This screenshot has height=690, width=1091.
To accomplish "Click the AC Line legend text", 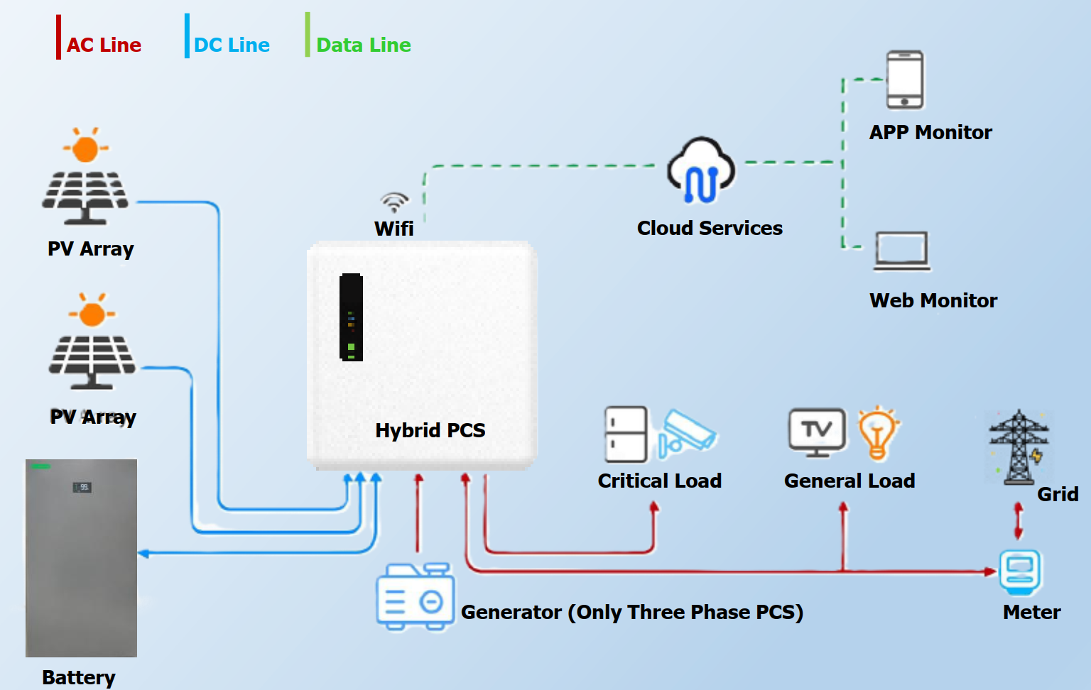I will (x=104, y=45).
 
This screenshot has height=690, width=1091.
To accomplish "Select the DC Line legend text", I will (x=232, y=45).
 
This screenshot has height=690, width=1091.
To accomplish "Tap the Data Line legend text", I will (x=363, y=45).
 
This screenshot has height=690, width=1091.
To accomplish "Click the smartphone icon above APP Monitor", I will (x=905, y=79).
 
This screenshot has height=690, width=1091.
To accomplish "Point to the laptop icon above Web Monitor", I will (x=902, y=251).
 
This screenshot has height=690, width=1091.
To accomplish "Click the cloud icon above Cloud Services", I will (x=701, y=170).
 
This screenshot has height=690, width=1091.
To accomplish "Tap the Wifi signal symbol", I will (x=394, y=202).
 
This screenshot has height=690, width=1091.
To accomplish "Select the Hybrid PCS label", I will (x=430, y=430).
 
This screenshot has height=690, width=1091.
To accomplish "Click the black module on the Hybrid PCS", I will (x=351, y=317).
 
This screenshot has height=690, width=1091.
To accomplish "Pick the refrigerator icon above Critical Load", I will (x=625, y=434).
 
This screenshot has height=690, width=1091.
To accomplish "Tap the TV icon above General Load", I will (x=817, y=432).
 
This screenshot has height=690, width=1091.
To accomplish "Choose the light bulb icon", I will (x=878, y=432).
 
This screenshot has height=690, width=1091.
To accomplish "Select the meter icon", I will (x=1020, y=571).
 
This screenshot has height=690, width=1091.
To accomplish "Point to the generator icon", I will (x=415, y=596).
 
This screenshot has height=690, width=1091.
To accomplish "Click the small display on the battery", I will (x=82, y=487).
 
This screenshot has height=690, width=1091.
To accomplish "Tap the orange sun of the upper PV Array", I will (x=85, y=149).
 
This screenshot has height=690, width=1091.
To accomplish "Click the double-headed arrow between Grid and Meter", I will (x=1019, y=520).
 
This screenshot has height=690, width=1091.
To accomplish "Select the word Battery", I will (x=78, y=677).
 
